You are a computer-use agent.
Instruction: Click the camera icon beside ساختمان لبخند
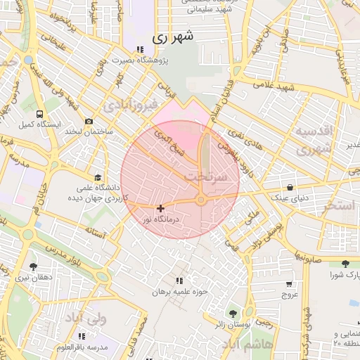[x=89, y=122]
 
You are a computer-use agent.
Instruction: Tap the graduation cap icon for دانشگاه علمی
[x=98, y=177]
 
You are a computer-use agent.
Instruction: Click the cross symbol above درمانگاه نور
[x=161, y=208]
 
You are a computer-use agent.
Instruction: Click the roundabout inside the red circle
[x=201, y=201]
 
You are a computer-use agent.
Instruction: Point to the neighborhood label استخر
[x=339, y=206]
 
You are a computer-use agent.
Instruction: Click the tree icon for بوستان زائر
[x=233, y=313]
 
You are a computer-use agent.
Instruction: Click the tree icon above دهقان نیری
[x=33, y=266]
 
